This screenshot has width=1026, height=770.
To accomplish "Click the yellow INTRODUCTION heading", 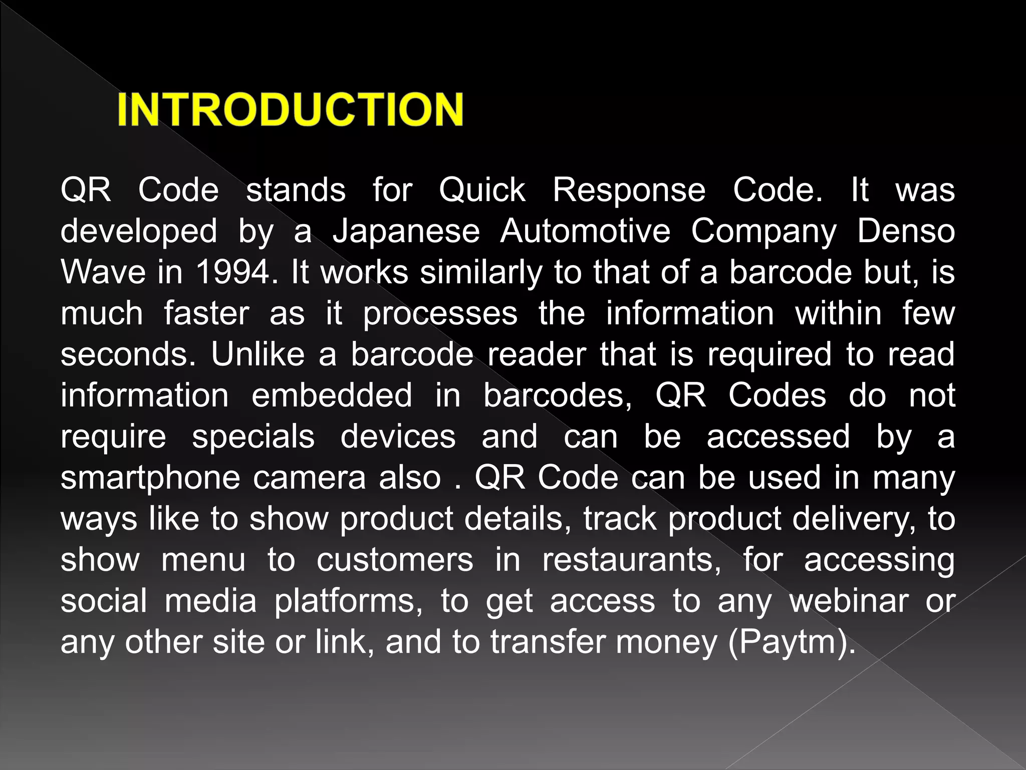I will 290,109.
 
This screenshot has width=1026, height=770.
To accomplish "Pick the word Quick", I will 482,190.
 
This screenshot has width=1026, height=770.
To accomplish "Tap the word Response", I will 629,191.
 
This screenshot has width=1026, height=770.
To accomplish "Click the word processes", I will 440,314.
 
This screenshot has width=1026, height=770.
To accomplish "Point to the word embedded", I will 331,396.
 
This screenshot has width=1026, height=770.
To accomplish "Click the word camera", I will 309,478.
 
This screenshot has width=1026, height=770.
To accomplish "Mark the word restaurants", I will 632,560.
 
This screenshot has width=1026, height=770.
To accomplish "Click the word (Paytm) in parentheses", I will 792,643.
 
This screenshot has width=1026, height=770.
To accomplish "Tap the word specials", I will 253,438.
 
